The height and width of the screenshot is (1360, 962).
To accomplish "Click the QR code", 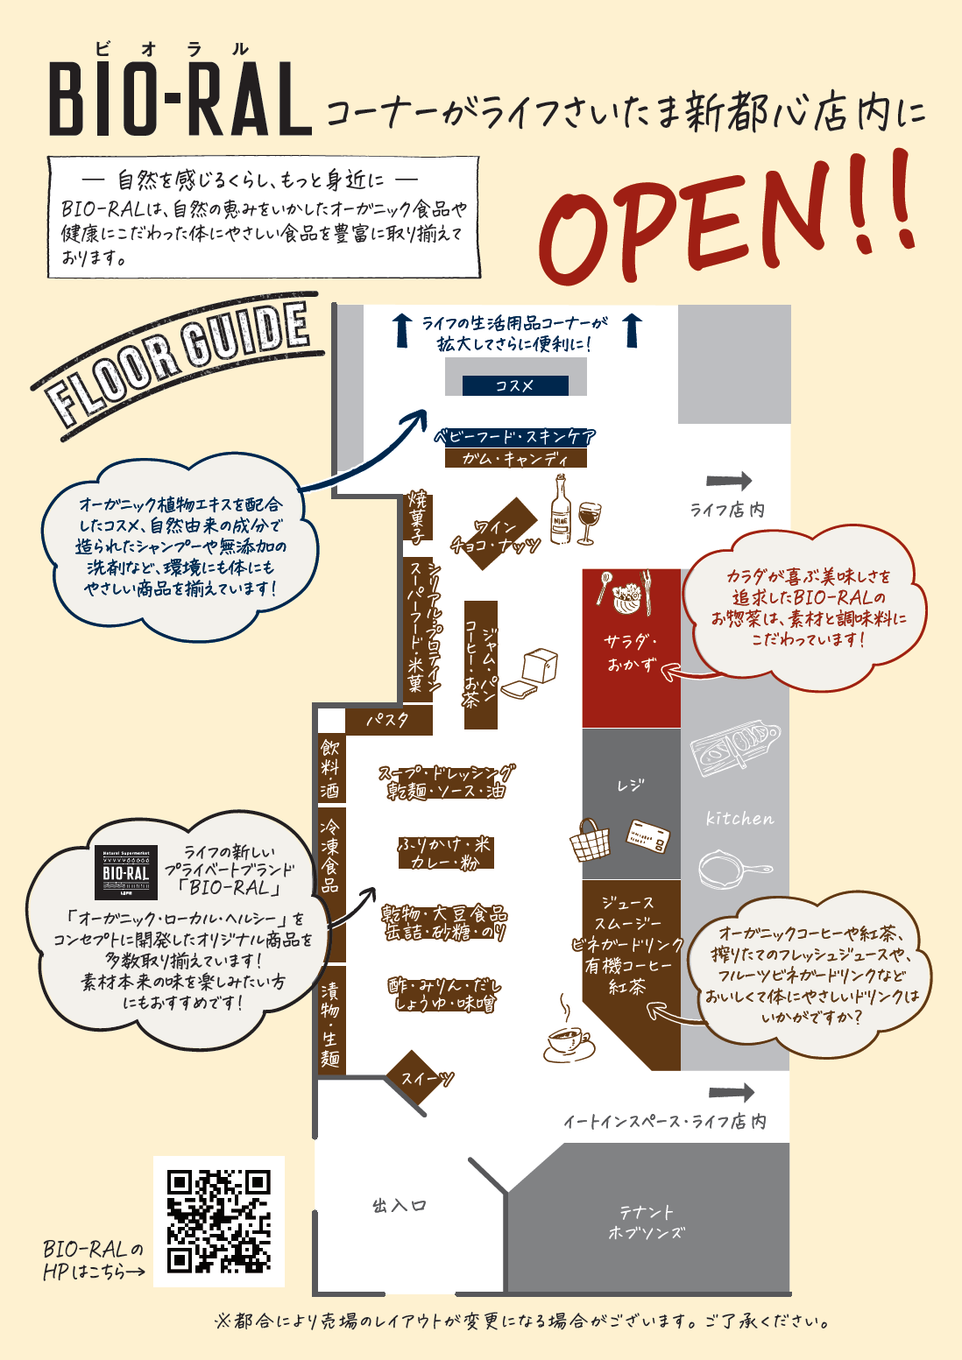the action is (219, 1221).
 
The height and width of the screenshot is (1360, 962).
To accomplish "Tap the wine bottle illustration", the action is (561, 510).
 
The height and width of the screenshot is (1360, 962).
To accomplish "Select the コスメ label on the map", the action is (515, 385).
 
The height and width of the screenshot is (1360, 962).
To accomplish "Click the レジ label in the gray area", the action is (631, 786).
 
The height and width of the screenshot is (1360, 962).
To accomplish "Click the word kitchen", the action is (739, 819).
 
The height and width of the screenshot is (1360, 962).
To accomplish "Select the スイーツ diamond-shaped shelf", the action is (419, 1079).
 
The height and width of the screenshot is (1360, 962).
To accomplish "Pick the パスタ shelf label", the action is (388, 720).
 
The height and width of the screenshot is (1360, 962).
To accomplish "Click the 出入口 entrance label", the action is (399, 1205).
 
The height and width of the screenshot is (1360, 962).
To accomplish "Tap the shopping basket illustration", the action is (589, 840).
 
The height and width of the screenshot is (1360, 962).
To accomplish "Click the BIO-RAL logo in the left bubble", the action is (125, 872).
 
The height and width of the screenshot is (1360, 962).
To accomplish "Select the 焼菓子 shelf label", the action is (418, 517).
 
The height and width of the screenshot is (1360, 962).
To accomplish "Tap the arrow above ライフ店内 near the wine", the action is (729, 481).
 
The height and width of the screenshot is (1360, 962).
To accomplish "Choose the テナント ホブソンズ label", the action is (647, 1223).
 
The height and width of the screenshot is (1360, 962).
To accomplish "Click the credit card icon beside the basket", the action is (648, 836).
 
